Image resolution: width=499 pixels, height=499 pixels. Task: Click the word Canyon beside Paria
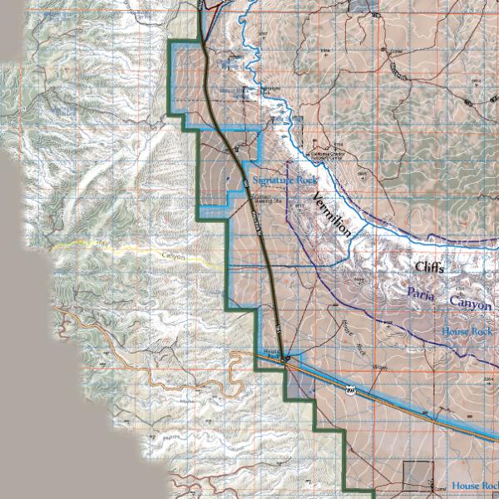click(x=471, y=304)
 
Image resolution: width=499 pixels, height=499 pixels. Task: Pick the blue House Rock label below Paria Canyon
click(x=468, y=331)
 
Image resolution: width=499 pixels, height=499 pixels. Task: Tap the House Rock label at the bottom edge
click(x=474, y=486)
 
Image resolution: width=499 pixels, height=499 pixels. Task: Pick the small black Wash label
click(x=380, y=367)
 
